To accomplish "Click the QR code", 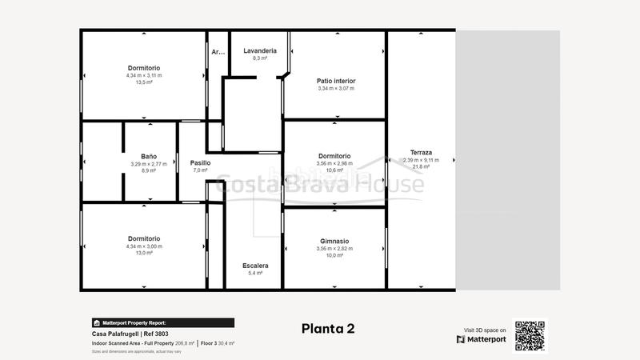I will coord(530,335).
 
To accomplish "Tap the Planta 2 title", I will coord(328,328).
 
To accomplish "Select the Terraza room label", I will coord(421,152).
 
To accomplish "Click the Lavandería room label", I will coord(259,50).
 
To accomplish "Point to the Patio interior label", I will coord(335,81).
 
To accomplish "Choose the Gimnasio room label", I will coord(334,241).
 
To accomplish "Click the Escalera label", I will coord(255,265).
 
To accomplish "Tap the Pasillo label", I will coord(200,162).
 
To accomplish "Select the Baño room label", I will coord(149,156).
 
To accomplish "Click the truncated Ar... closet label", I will coord(218,52).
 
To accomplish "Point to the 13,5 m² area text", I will coord(144,82).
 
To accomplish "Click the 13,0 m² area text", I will coord(144,254).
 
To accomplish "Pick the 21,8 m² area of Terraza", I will coord(421,166).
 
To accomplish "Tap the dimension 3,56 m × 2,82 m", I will coord(334,249).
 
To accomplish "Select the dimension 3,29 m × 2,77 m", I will coord(149,163).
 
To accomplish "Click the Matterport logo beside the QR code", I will coord(482,339).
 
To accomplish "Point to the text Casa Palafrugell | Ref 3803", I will coord(130,334).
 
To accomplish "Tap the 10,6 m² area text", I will coord(334,170).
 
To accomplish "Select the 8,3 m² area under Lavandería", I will coord(259,58).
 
